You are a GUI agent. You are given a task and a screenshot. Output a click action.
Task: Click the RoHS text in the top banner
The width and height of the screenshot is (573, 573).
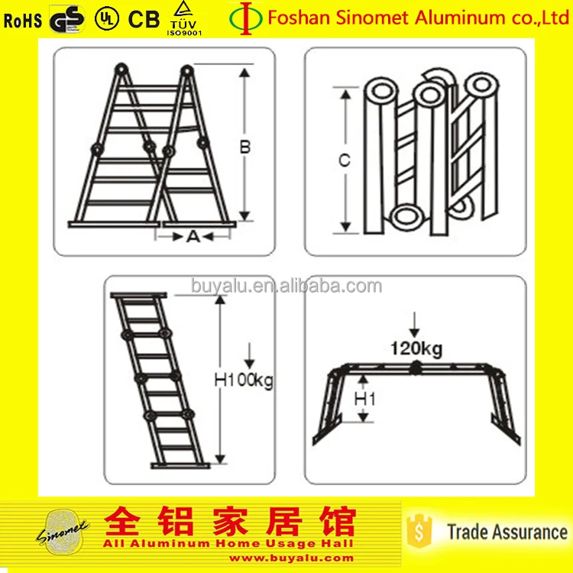pos(23,20)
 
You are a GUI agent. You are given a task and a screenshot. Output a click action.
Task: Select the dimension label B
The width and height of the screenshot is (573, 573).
pos(245,147)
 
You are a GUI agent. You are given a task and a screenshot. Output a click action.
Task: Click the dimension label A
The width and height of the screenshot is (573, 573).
pos(193,237)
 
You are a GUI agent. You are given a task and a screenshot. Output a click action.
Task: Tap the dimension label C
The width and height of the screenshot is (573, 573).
pos(345,160)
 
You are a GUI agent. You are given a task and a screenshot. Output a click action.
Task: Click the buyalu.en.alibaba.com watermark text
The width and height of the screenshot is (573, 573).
pos(286,286)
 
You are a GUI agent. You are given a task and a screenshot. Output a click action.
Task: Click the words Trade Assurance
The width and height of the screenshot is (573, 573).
pos(507,532)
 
